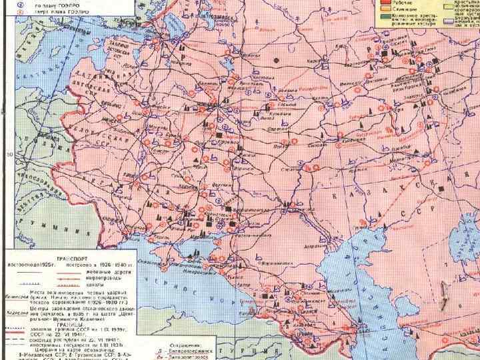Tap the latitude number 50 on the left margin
tap(8, 155)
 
